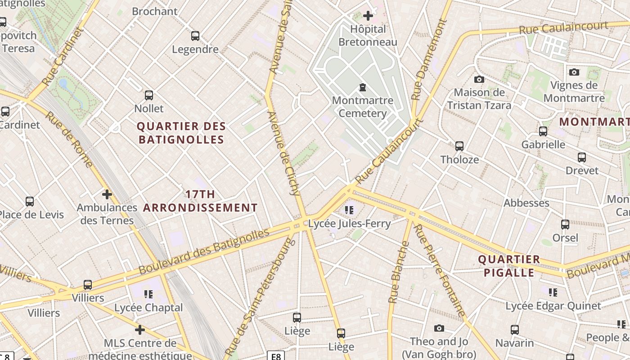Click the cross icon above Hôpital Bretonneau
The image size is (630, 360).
pos(368,16)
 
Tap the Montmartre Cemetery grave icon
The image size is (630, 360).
pos(362,87)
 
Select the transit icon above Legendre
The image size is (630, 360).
pos(195,36)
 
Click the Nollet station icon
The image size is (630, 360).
pos(149,95)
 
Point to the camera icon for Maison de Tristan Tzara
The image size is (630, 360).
pos(479,79)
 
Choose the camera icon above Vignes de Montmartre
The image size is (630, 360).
pos(574,72)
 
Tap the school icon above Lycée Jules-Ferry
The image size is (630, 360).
pos(349,210)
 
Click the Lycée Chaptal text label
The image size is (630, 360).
pos(148,308)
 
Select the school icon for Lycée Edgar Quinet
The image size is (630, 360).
pos(553,292)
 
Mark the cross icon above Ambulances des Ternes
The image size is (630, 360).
pos(107,194)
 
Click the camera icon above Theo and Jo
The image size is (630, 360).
pos(439,328)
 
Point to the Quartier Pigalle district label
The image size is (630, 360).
pos(509,266)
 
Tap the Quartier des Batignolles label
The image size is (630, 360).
pos(181,133)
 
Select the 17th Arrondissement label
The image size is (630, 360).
pos(200,201)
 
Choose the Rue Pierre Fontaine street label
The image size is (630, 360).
pos(439,270)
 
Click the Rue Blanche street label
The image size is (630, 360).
pos(398,272)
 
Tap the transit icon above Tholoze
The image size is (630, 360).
pos(459,146)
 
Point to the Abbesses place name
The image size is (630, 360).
pos(526,203)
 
